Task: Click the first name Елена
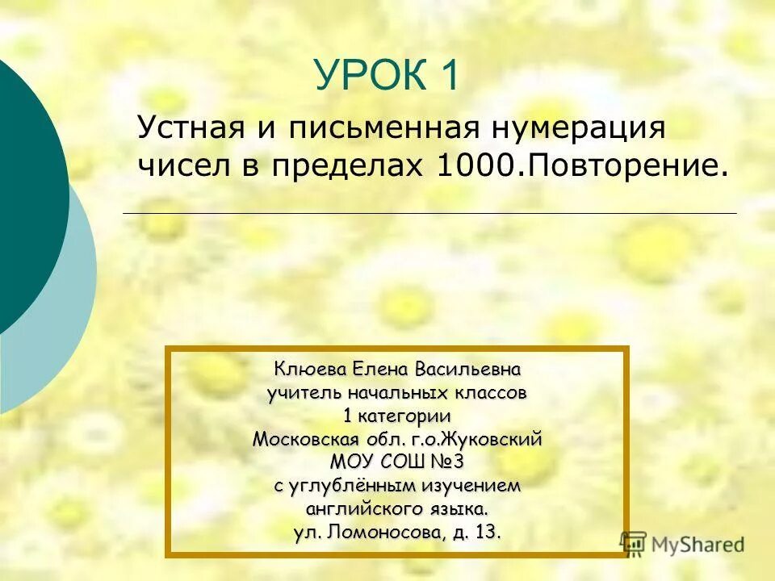pos(381,370)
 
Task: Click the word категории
pos(404,416)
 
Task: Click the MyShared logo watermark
pos(683,543)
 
